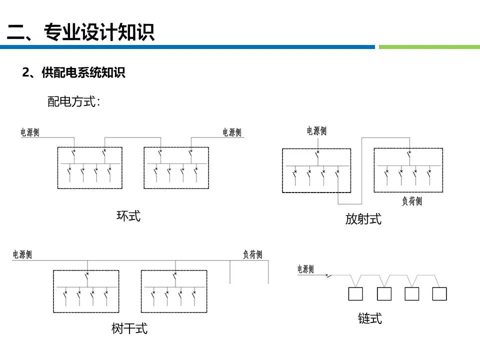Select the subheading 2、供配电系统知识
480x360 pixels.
(x=73, y=73)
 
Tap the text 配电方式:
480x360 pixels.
(x=74, y=102)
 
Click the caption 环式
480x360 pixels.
(x=128, y=216)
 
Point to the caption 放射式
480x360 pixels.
(x=363, y=218)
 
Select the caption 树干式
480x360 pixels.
(x=129, y=328)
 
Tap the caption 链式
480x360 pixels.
(x=370, y=318)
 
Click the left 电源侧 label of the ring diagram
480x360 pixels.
(x=30, y=132)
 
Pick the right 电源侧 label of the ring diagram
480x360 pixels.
(x=232, y=132)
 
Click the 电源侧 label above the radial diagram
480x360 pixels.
(x=316, y=131)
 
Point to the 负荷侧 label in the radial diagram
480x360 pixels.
(x=412, y=201)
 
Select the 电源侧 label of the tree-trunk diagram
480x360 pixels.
(x=22, y=254)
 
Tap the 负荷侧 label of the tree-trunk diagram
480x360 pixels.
(x=252, y=254)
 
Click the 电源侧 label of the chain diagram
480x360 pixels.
(x=305, y=269)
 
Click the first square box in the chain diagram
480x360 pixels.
(x=355, y=294)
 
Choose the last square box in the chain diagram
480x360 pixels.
(x=439, y=294)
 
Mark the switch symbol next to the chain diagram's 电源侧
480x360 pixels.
(x=328, y=274)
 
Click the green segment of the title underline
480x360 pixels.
(x=429, y=47)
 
